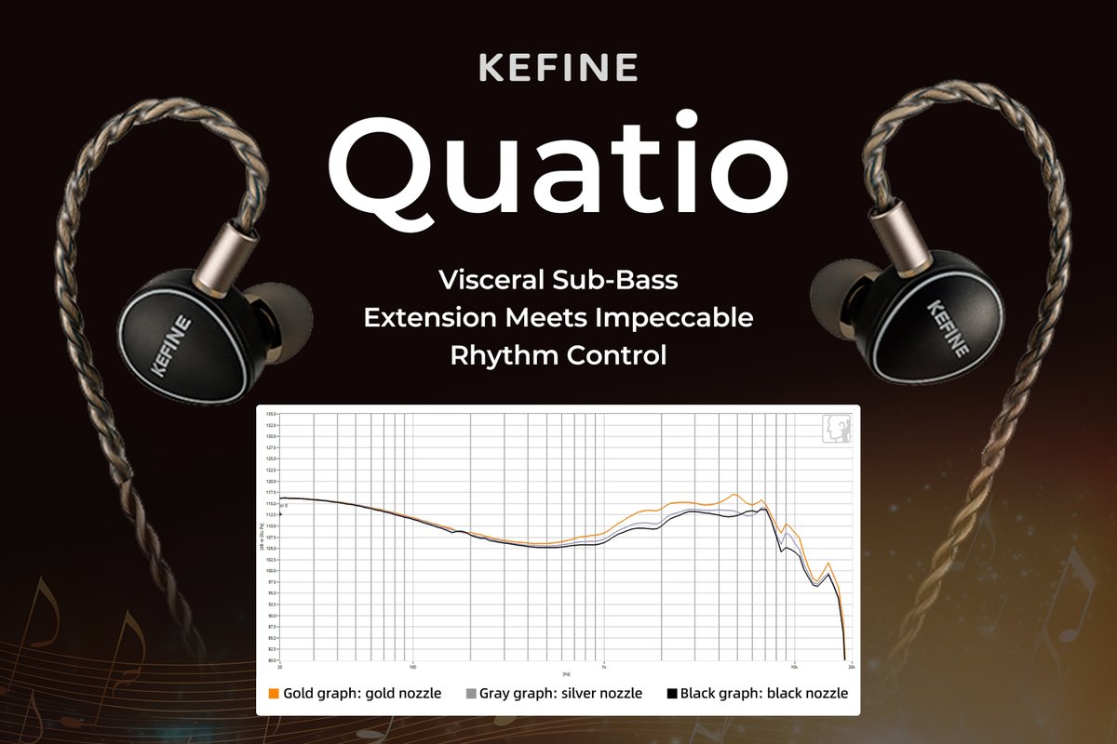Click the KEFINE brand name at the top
pyautogui.click(x=558, y=69)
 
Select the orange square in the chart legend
pyautogui.click(x=274, y=694)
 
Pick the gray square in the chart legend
pyautogui.click(x=471, y=694)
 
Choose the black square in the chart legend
pyautogui.click(x=671, y=694)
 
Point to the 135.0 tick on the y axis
pyautogui.click(x=271, y=414)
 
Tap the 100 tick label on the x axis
pyautogui.click(x=412, y=667)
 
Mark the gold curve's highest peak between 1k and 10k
pyautogui.click(x=734, y=495)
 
